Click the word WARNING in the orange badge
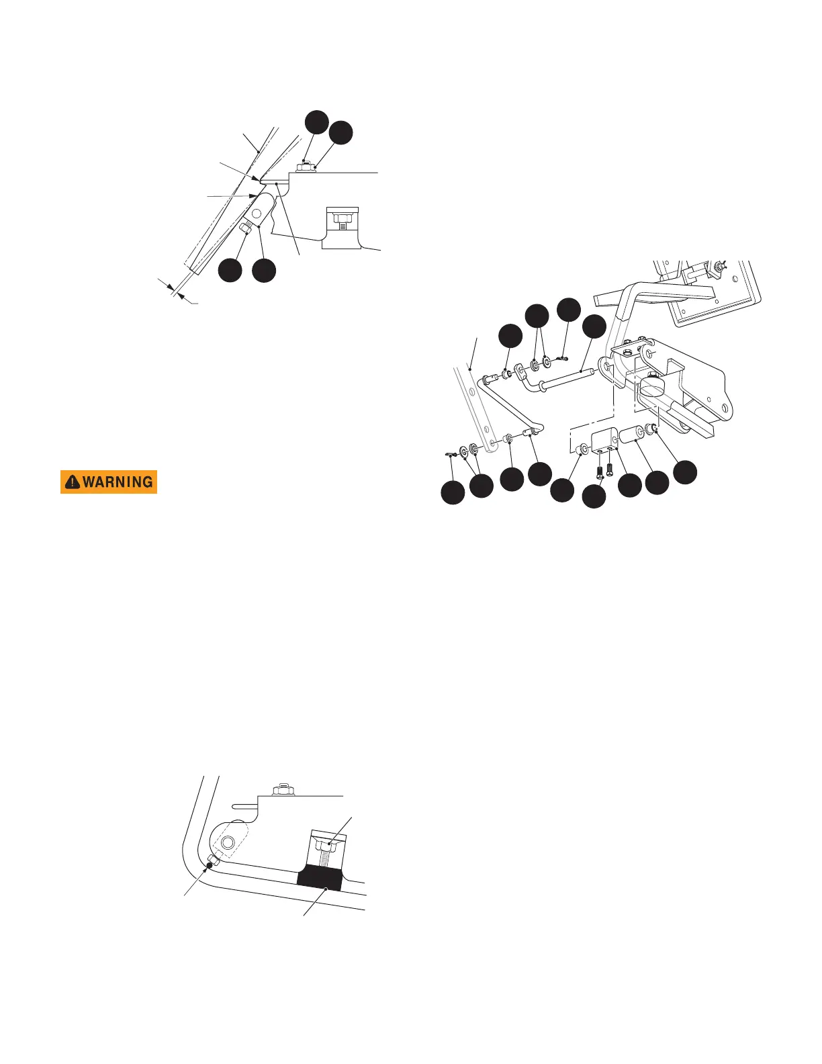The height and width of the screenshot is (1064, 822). pyautogui.click(x=118, y=482)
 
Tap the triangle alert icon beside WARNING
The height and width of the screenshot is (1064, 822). pyautogui.click(x=72, y=482)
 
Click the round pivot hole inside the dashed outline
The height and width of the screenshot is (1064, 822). pyautogui.click(x=227, y=842)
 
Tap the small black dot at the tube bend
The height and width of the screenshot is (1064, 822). pyautogui.click(x=210, y=866)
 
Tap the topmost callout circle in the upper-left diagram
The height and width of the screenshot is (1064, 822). pyautogui.click(x=316, y=122)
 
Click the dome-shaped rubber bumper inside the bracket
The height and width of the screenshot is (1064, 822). pyautogui.click(x=651, y=387)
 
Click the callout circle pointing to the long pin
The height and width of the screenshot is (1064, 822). pyautogui.click(x=594, y=327)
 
